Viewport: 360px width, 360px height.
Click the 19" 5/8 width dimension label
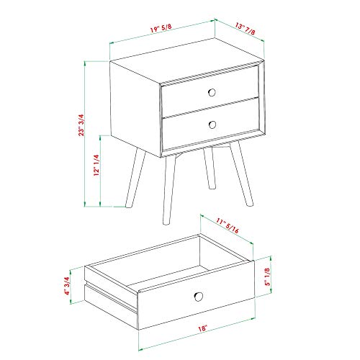click(161, 28)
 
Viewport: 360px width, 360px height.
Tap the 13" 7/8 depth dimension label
click(245, 29)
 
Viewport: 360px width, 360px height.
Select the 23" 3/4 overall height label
click(81, 125)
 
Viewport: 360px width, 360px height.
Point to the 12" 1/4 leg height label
click(96, 165)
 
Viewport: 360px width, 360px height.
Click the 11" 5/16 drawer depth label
click(228, 225)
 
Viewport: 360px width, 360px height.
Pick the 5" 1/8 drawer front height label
click(267, 276)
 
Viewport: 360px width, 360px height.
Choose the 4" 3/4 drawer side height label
click(66, 286)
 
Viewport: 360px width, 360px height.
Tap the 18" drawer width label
click(202, 328)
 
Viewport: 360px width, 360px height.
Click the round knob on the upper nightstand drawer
click(212, 92)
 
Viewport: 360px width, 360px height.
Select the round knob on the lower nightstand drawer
click(212, 125)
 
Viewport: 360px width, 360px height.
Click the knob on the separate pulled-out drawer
click(199, 297)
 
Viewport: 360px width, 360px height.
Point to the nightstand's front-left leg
click(169, 189)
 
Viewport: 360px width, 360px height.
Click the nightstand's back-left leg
click(135, 177)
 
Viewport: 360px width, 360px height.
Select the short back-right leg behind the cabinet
click(210, 168)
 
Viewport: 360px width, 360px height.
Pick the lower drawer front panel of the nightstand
click(211, 125)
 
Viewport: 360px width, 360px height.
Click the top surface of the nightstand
click(186, 61)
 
